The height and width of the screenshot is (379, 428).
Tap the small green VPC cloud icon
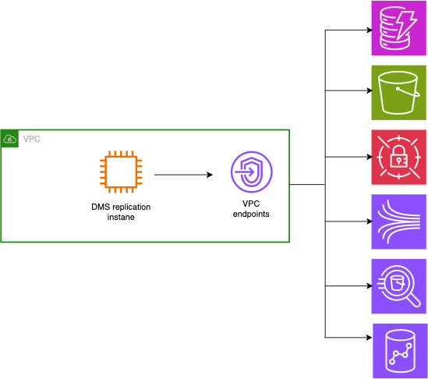tap(10, 139)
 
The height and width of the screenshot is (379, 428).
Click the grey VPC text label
tap(32, 139)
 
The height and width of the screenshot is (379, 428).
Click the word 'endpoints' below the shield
tap(251, 214)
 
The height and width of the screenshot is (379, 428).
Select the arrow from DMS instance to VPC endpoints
tap(184, 175)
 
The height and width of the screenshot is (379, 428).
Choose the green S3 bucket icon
tap(399, 92)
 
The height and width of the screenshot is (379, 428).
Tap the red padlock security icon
tap(399, 157)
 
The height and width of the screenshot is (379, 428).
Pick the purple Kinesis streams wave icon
tap(399, 221)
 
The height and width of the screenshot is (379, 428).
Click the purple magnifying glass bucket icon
tap(399, 285)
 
